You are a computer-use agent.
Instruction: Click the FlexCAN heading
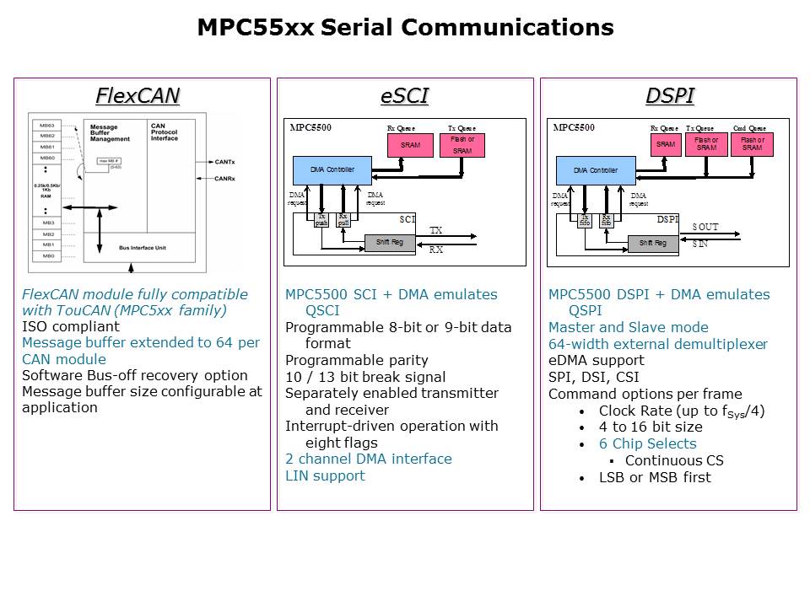pyautogui.click(x=138, y=96)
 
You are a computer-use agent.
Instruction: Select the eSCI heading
pyautogui.click(x=404, y=96)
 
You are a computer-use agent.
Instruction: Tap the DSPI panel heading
pyautogui.click(x=669, y=96)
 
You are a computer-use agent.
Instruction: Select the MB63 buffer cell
pyautogui.click(x=48, y=126)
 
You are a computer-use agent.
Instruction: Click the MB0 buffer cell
pyautogui.click(x=48, y=255)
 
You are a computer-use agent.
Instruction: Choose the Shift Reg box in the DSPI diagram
pyautogui.click(x=653, y=244)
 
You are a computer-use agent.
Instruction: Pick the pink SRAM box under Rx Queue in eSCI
pyautogui.click(x=410, y=145)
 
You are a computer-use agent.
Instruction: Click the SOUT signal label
pyautogui.click(x=705, y=228)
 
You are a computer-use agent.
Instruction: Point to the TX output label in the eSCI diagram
pyautogui.click(x=435, y=230)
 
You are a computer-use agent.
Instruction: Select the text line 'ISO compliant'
pyautogui.click(x=63, y=327)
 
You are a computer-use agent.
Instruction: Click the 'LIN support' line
pyautogui.click(x=325, y=475)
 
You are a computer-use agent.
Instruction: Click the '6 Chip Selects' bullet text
pyautogui.click(x=647, y=443)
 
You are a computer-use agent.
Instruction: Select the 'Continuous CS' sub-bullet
pyautogui.click(x=674, y=460)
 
